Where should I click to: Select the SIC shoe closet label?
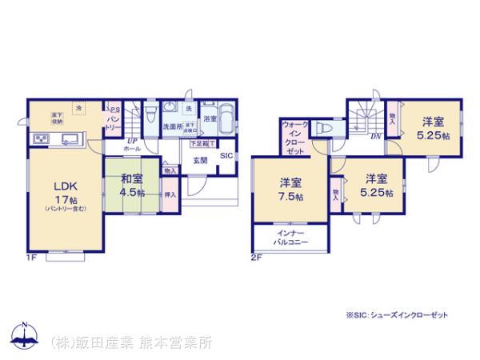[226, 155]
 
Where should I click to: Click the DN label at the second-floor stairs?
[374, 135]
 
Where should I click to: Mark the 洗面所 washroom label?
[173, 127]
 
